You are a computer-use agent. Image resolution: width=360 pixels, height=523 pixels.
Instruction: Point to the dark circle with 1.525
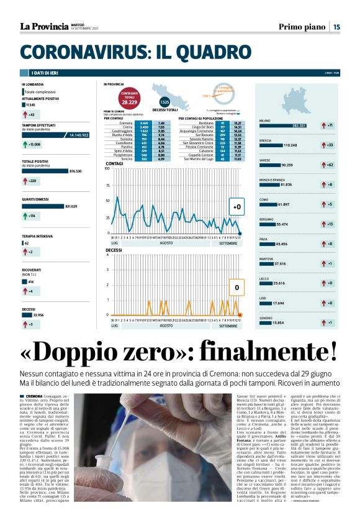pyautogui.click(x=164, y=102)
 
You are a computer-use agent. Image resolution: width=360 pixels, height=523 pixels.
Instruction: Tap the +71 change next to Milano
pyautogui.click(x=330, y=125)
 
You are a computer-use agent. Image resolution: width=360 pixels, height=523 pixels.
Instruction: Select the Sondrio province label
pyautogui.click(x=265, y=318)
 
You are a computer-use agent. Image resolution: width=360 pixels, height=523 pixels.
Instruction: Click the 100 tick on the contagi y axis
pyautogui.click(x=107, y=168)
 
